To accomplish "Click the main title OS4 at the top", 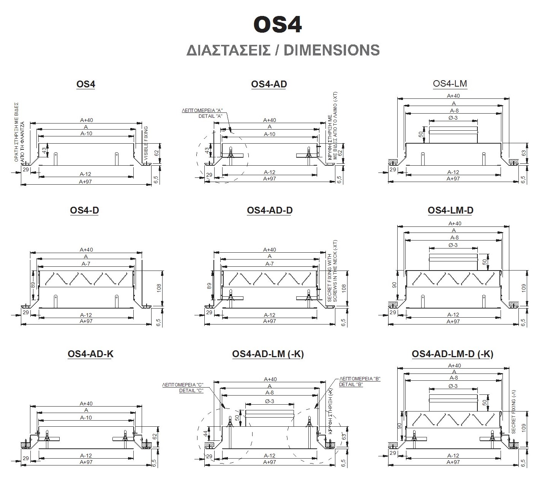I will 278,25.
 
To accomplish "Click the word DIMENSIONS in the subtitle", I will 332,50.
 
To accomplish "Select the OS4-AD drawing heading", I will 269,84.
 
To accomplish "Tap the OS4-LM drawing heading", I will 450,84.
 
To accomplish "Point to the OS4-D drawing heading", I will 84,210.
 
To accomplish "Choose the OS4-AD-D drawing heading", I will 270,210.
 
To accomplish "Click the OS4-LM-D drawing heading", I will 450,210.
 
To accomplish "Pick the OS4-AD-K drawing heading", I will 90,354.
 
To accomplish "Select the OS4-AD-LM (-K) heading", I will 268,354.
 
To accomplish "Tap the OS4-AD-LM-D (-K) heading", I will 452,354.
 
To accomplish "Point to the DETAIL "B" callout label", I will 351,384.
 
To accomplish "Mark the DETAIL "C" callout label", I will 191,390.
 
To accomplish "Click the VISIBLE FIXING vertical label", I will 146,143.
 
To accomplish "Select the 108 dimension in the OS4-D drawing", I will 159,288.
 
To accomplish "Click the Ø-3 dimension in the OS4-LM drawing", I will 453,118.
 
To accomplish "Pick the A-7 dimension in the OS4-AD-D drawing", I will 269,264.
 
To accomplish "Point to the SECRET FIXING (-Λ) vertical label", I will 513,412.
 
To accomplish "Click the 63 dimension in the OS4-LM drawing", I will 524,153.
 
